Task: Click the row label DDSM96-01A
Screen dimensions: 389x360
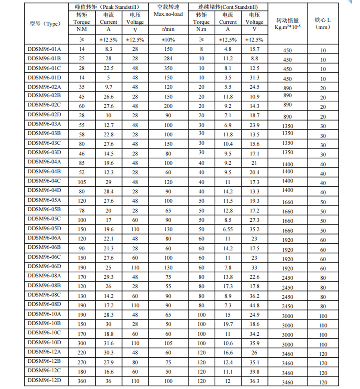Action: click(44, 49)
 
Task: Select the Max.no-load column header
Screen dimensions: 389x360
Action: click(168, 14)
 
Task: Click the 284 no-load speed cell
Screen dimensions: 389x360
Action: click(168, 58)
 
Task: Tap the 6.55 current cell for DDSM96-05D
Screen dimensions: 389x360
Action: click(228, 229)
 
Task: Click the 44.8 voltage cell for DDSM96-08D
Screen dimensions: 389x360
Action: click(255, 305)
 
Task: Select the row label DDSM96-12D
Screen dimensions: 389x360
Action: click(44, 380)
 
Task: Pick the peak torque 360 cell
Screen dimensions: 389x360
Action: click(82, 381)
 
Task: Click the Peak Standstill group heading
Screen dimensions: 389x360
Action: click(108, 7)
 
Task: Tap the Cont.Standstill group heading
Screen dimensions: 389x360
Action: click(228, 7)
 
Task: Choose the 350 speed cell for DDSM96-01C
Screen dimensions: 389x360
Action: click(168, 68)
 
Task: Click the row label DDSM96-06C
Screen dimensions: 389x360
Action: click(44, 257)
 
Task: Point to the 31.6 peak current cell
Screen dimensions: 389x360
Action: click(109, 343)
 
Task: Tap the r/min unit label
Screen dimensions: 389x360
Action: click(168, 29)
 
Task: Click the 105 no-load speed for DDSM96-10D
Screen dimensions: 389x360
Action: click(168, 343)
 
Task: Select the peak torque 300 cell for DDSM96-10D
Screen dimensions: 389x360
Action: click(82, 343)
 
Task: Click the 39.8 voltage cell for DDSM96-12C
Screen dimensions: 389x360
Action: click(255, 372)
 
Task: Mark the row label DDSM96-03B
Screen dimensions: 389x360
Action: click(44, 133)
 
